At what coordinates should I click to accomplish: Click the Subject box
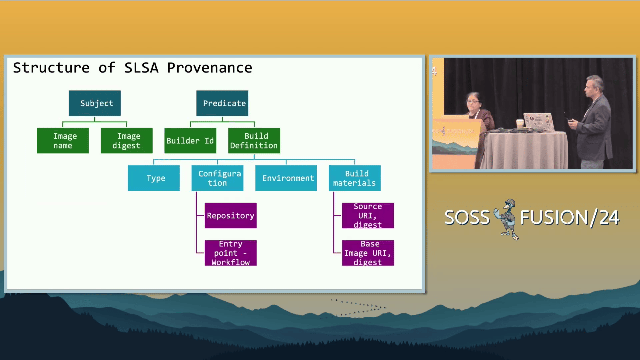click(x=95, y=103)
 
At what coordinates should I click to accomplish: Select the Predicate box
click(x=222, y=103)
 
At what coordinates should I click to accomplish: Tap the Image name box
click(x=63, y=141)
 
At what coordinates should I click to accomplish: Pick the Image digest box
click(x=127, y=141)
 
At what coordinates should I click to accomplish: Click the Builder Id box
click(x=190, y=141)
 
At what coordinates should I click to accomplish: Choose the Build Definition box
click(x=254, y=141)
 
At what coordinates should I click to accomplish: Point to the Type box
click(x=154, y=178)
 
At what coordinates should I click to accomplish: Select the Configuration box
click(x=217, y=178)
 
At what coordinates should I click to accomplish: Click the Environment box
click(x=286, y=178)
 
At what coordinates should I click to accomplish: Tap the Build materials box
click(x=355, y=178)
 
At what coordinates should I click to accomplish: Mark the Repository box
click(x=231, y=216)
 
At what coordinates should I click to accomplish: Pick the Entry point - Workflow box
click(x=231, y=253)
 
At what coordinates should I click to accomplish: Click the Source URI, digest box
click(x=368, y=216)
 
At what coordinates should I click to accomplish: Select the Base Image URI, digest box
click(x=368, y=253)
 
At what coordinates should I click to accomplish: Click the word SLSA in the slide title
click(x=141, y=68)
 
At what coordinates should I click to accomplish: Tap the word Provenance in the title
click(x=210, y=68)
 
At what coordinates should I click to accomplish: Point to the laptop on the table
click(x=539, y=122)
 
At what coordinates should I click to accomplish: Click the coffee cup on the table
click(x=519, y=124)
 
